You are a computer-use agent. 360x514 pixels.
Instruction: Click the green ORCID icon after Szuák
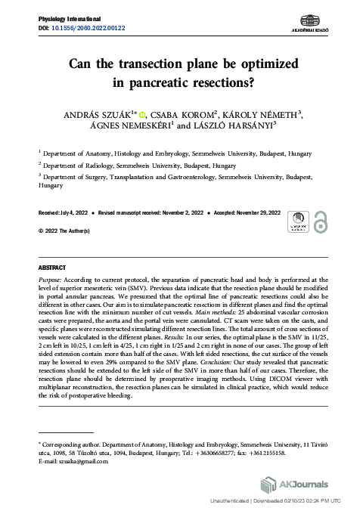[141, 114]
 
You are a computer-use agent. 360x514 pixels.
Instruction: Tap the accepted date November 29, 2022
[253, 214]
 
